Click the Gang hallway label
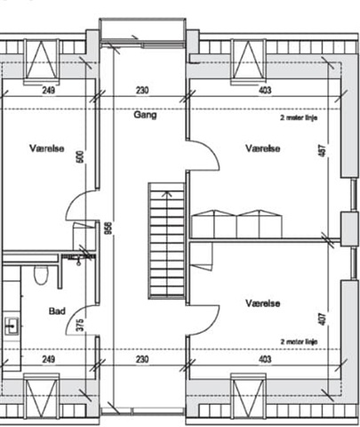tap(145, 115)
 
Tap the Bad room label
tap(57, 311)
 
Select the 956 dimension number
tap(108, 228)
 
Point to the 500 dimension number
tap(80, 157)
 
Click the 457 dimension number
tap(323, 150)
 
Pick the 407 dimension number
tap(323, 318)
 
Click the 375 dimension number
tap(80, 325)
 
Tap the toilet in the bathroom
tap(41, 275)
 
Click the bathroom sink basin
tap(12, 326)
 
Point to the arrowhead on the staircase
tap(167, 194)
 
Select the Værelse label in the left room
tap(47, 148)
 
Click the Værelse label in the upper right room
tap(263, 148)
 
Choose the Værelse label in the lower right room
tap(263, 303)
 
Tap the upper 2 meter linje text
tap(299, 117)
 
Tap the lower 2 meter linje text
tap(299, 342)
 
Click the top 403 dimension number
tap(265, 90)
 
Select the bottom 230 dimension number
tap(142, 359)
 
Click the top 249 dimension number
tap(49, 90)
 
